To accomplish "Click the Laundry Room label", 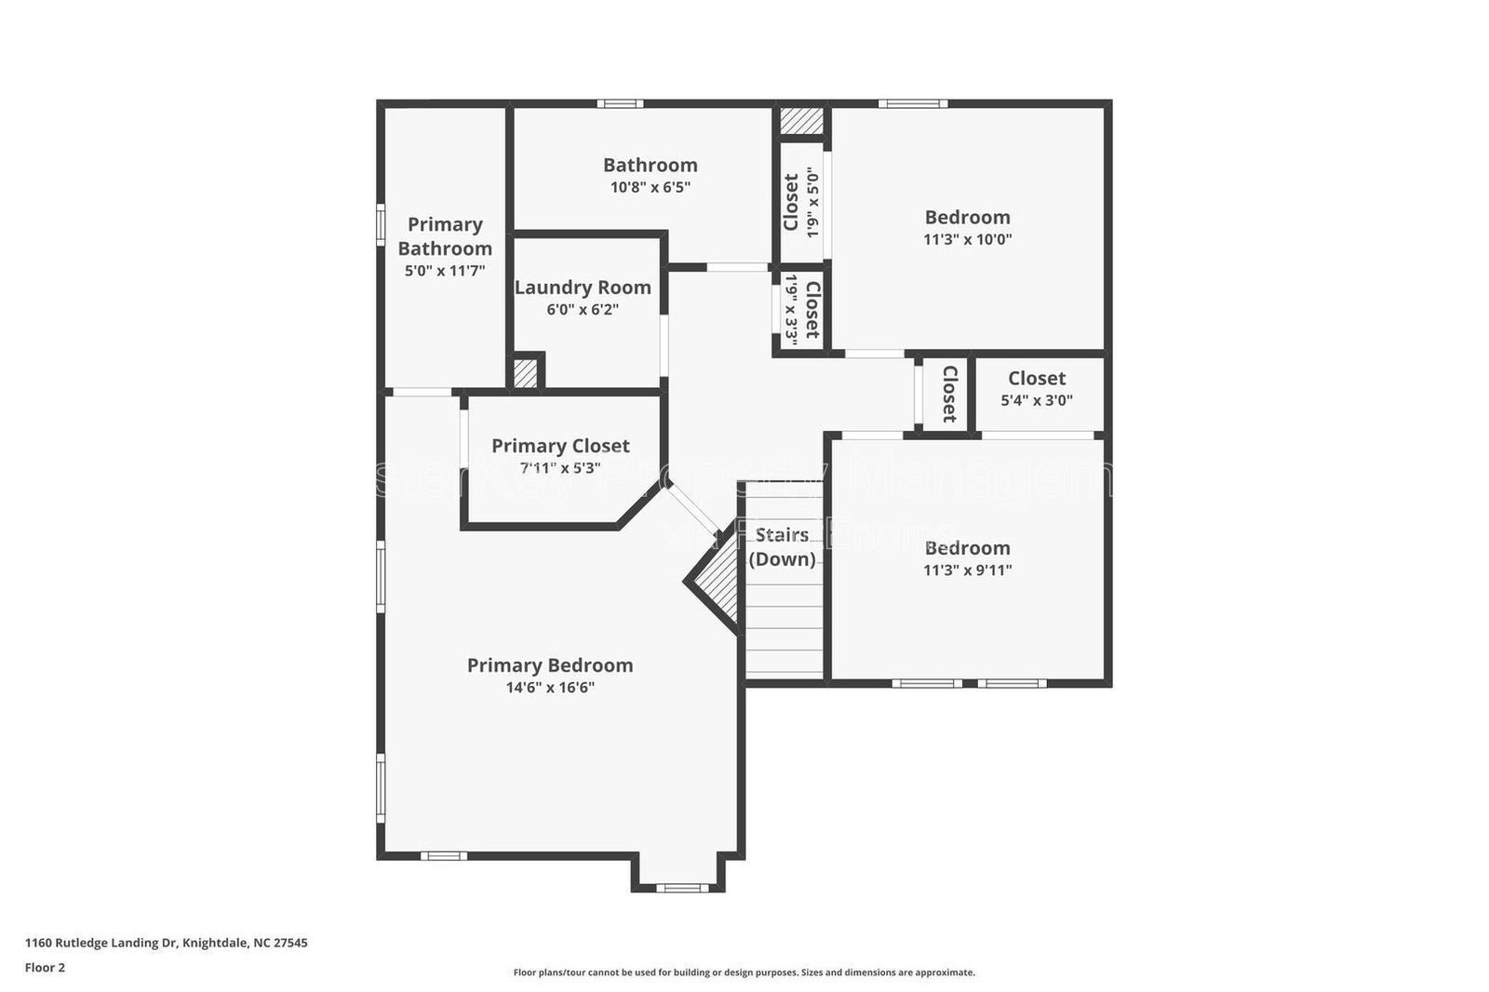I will tap(583, 288).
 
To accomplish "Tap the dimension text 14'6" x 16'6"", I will tap(550, 688).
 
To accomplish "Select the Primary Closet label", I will tap(560, 446).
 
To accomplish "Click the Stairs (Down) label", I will tap(782, 546).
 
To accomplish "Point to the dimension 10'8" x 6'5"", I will tap(650, 187).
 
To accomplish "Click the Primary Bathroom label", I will tap(445, 236).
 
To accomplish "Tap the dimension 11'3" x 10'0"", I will tap(967, 239).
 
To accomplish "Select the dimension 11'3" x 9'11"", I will tap(967, 570).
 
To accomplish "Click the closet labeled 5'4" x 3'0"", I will tap(1036, 388).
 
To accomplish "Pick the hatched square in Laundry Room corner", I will tap(526, 373).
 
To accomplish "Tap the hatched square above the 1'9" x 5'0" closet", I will tap(801, 121).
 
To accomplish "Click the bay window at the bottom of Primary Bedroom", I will tap(682, 888).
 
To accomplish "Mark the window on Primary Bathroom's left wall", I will tap(380, 224).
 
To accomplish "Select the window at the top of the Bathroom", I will tap(620, 103).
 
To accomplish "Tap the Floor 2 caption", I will tap(45, 968).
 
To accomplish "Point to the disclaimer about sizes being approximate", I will tap(744, 972).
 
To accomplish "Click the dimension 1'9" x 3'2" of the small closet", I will tap(791, 310).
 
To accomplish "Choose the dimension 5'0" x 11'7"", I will tap(445, 272).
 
